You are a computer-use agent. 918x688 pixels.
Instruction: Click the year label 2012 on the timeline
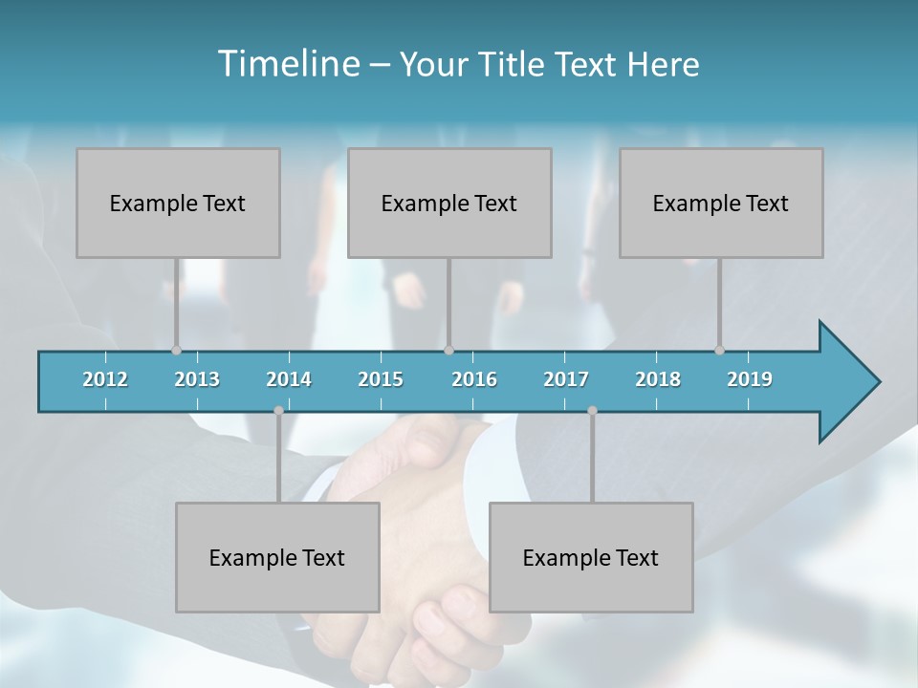click(x=105, y=379)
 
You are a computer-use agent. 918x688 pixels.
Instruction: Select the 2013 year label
click(x=197, y=379)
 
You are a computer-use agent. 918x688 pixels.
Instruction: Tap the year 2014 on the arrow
click(x=289, y=379)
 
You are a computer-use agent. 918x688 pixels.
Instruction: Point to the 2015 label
click(x=381, y=379)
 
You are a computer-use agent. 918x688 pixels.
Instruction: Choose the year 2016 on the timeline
click(x=474, y=379)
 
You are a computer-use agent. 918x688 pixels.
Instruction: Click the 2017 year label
click(x=566, y=379)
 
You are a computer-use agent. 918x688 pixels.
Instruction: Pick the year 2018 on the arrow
click(x=658, y=379)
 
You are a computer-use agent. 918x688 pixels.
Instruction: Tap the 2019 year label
click(x=750, y=379)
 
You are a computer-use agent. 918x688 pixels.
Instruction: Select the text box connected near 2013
click(x=178, y=203)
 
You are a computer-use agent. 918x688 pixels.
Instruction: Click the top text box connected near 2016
click(x=449, y=203)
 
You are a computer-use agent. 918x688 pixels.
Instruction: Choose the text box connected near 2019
click(x=721, y=203)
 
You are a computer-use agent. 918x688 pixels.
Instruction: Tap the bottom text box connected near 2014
click(x=277, y=557)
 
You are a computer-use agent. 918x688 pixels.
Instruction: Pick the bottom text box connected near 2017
click(x=591, y=557)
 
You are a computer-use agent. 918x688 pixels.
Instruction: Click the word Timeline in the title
click(x=288, y=63)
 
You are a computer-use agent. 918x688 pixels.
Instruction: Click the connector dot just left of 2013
click(x=176, y=350)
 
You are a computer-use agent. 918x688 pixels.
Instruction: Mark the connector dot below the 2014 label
click(x=278, y=411)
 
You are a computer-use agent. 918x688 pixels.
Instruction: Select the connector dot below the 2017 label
click(x=592, y=411)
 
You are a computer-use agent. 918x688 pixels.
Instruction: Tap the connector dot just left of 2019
click(x=719, y=350)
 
